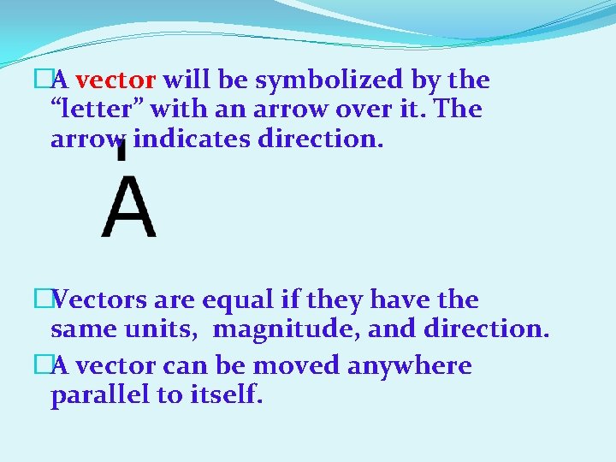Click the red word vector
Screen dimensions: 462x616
[x=115, y=81]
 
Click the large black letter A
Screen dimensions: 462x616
[x=128, y=208]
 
